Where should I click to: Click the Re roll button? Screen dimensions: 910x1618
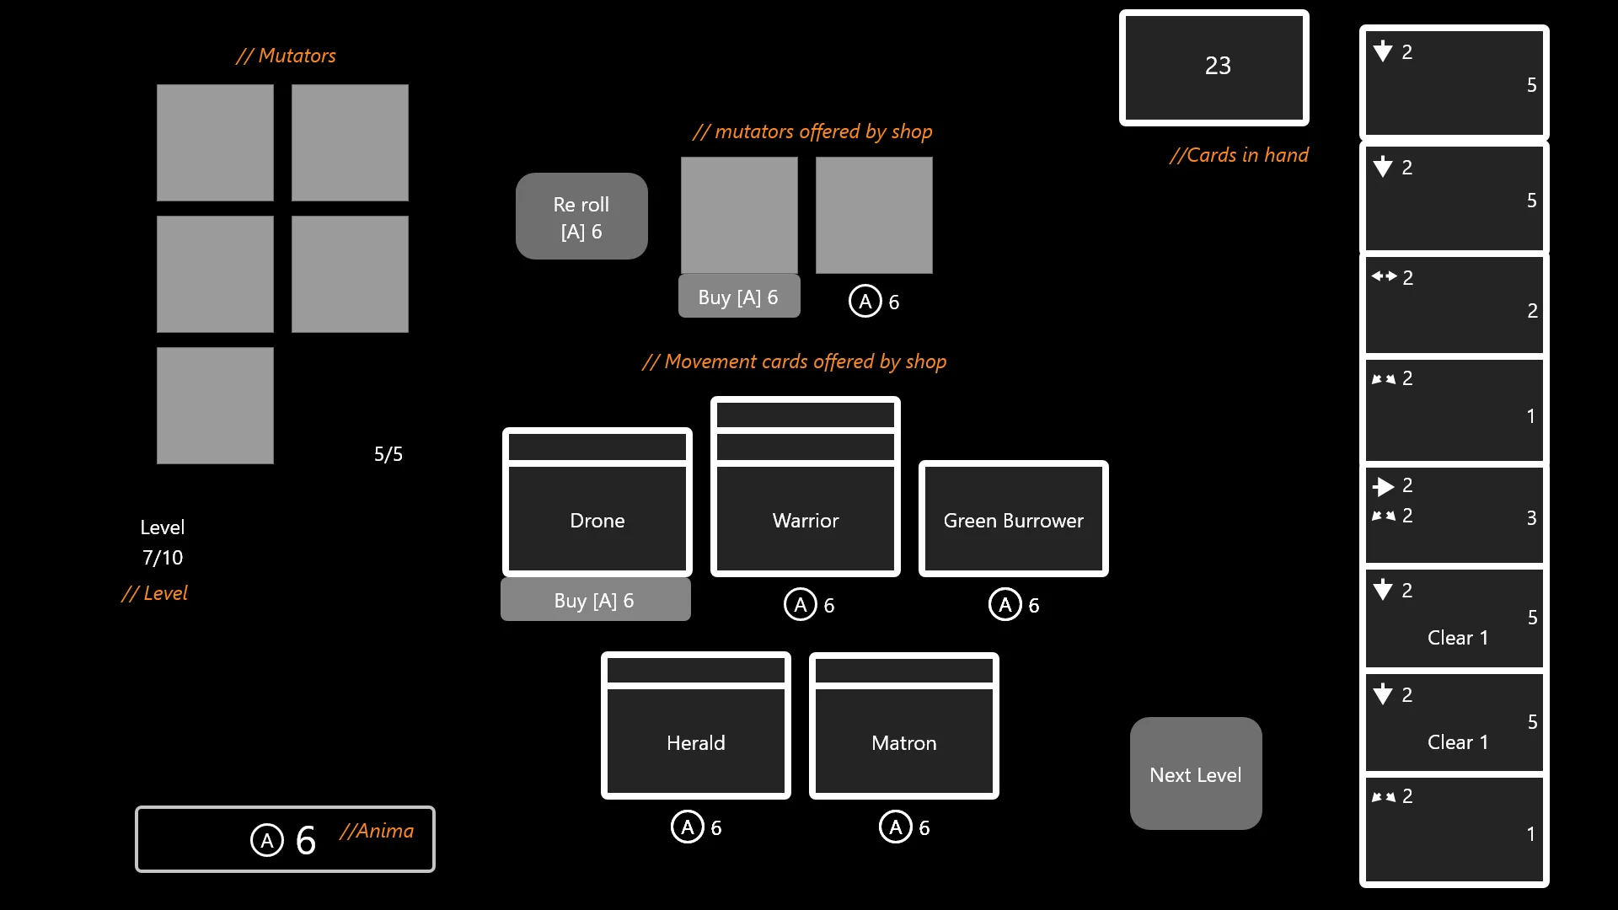[581, 217]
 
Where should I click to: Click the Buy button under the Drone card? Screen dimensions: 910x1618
[595, 600]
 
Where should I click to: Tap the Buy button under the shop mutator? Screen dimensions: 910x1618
[738, 297]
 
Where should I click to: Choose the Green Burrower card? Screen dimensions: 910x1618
[1013, 520]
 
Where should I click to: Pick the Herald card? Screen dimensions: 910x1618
[696, 741]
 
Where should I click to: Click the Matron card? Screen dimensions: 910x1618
[903, 741]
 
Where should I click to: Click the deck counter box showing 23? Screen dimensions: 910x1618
[1214, 67]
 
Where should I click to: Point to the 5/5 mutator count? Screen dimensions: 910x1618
[388, 454]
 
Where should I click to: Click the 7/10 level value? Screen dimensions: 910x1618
[163, 558]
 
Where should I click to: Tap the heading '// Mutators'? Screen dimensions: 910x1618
[286, 56]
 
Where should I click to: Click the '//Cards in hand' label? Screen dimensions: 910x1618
[1239, 155]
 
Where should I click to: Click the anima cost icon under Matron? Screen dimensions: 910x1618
[895, 827]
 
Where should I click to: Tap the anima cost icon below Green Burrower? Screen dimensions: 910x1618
[1005, 605]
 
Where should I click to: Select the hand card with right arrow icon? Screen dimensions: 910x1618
[1454, 515]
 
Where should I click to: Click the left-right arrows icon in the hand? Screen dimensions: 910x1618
[1384, 276]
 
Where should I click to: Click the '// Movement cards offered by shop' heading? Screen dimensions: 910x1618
[794, 361]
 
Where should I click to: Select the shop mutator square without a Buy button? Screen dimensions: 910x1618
[874, 216]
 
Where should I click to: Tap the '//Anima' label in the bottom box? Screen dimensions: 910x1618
[377, 831]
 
